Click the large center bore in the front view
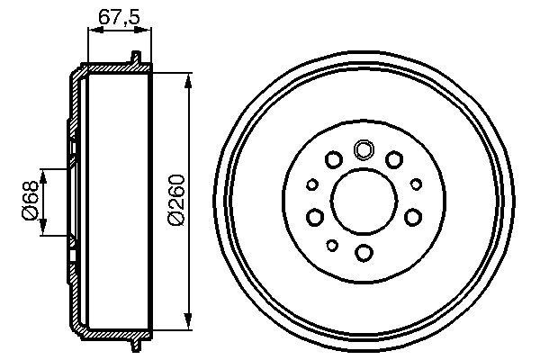click(x=364, y=199)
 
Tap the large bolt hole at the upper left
click(x=333, y=160)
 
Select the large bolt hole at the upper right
click(x=393, y=160)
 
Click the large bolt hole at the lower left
click(x=315, y=217)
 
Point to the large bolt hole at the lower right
click(x=412, y=217)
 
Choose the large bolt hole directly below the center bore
click(x=364, y=252)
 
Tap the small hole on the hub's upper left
click(x=312, y=184)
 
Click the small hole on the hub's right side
click(x=416, y=184)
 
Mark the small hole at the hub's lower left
click(x=332, y=245)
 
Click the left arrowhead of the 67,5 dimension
click(x=91, y=31)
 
